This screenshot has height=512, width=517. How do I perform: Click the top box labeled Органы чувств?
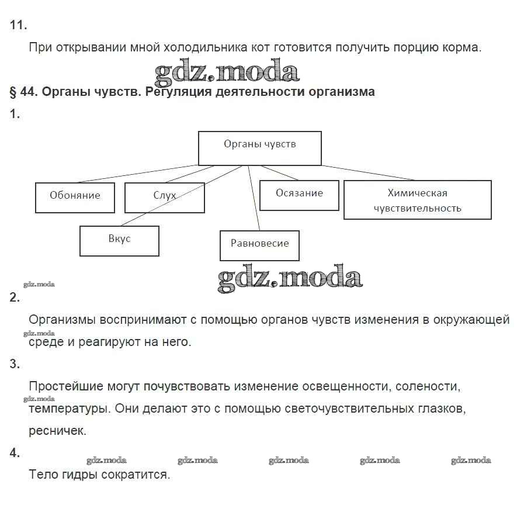(259, 148)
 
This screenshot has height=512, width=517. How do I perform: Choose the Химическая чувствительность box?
(417, 200)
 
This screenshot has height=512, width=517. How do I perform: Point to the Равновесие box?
(259, 245)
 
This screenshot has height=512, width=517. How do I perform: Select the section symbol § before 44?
(13, 92)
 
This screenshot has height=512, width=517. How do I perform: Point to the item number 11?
(18, 25)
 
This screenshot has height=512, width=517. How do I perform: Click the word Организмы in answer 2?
(62, 320)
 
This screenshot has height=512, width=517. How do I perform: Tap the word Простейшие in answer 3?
(65, 386)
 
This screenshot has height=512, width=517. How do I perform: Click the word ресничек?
(57, 431)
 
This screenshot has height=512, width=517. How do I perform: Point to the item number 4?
(15, 452)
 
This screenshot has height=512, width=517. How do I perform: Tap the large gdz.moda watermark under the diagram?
(290, 279)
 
